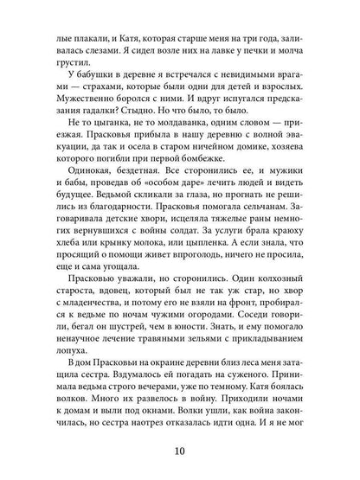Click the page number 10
pyautogui.click(x=181, y=448)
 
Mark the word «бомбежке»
pyautogui.click(x=210, y=182)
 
